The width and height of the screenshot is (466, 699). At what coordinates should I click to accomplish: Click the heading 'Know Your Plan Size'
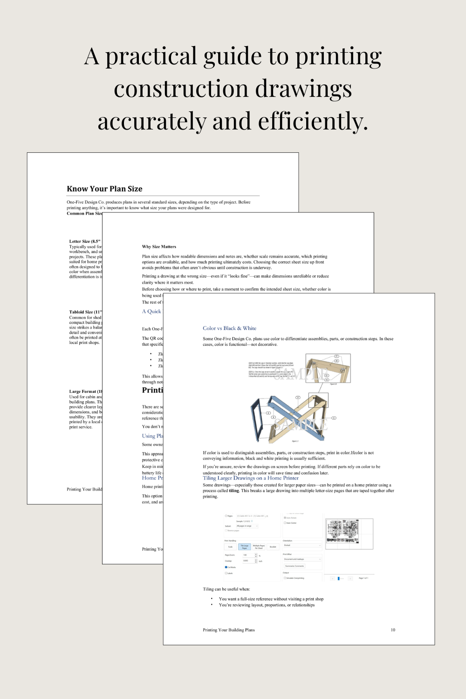tap(104, 189)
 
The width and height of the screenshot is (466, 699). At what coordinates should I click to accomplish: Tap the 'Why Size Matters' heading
tap(159, 247)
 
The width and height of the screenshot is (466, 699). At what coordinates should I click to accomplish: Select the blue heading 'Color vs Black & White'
tap(229, 328)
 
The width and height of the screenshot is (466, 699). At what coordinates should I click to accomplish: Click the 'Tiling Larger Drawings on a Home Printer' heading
tap(251, 478)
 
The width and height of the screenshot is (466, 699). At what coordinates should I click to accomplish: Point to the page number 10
tap(393, 630)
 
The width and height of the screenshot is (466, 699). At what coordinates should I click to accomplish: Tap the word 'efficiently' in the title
tap(312, 122)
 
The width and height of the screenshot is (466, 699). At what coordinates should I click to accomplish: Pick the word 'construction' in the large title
tap(181, 89)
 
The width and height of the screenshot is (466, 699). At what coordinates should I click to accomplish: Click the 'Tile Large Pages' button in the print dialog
tap(245, 547)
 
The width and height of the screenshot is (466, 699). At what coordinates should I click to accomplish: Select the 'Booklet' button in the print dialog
tap(273, 547)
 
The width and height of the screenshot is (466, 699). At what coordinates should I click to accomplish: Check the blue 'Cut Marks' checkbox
tap(226, 567)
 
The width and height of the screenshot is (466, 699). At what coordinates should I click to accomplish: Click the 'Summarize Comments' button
tap(295, 566)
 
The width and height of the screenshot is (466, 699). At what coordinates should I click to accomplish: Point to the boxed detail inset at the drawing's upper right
tap(328, 369)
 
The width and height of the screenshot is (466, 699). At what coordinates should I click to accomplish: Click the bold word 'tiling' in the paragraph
tap(234, 491)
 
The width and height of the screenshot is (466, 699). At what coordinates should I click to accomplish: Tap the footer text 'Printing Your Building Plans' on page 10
tap(229, 630)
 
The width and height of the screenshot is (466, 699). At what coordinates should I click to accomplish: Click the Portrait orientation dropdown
tap(302, 545)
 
